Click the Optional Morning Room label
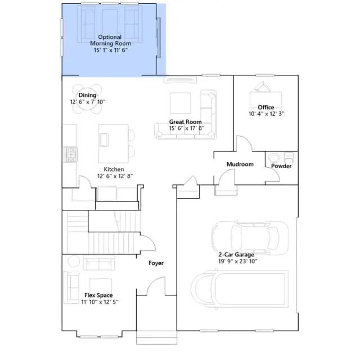click(x=110, y=40)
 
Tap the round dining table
click(x=87, y=99)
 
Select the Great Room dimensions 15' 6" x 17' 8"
click(x=187, y=128)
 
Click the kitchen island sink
click(x=103, y=139)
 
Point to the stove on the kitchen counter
click(x=70, y=154)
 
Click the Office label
click(x=266, y=107)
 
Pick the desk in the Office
click(x=265, y=100)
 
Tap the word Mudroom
click(x=240, y=164)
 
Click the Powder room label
click(x=281, y=166)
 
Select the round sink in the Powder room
click(x=274, y=158)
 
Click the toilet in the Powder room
click(x=289, y=157)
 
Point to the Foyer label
click(x=156, y=263)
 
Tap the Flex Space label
click(x=98, y=295)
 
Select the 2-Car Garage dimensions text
click(x=238, y=261)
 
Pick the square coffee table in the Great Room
click(x=180, y=103)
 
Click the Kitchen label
click(x=114, y=169)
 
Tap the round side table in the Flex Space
click(x=74, y=261)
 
